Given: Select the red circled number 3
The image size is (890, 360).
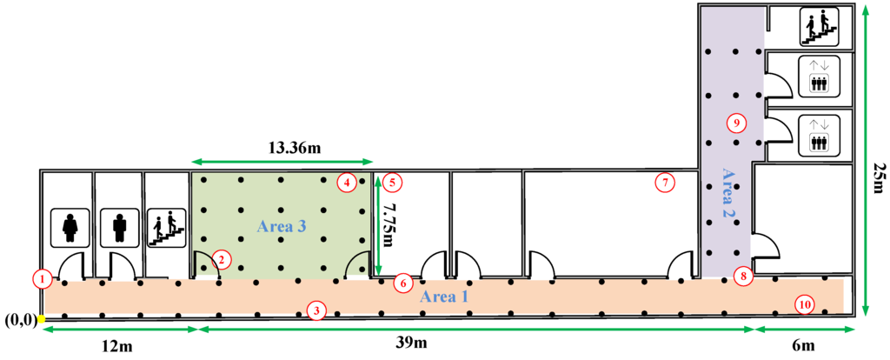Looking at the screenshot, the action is (318, 310).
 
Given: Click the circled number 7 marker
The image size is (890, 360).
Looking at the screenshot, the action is (664, 183).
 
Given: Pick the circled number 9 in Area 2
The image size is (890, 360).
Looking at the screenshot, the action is (736, 123).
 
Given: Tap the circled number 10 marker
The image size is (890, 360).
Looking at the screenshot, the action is (804, 303).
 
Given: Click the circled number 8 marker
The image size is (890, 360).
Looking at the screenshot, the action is (742, 277).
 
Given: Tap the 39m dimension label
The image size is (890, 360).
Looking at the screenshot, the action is (411, 344).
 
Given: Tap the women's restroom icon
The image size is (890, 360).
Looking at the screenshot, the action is (70, 228).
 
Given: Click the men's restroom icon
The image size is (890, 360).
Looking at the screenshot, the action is (119, 228).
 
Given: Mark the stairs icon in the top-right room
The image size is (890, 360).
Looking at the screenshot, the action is (818, 25).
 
